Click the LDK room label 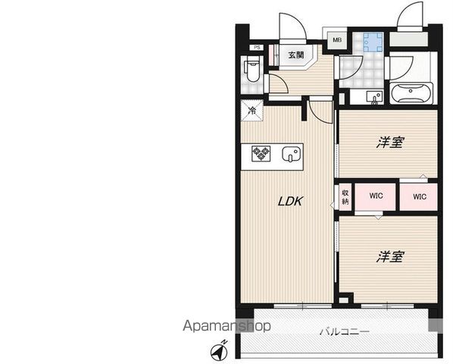[x=290, y=201]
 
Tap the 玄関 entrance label [x=296, y=55]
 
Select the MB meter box [x=337, y=40]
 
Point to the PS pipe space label [x=257, y=48]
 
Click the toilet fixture [x=252, y=69]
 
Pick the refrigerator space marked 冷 [x=252, y=110]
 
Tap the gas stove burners [x=261, y=153]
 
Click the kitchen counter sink [x=292, y=153]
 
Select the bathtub [x=411, y=93]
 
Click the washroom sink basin [x=374, y=97]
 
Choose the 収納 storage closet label [x=345, y=197]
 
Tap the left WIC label [x=376, y=196]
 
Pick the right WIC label [x=420, y=196]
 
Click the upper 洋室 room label [x=390, y=143]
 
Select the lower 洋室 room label [x=390, y=256]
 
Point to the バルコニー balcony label [x=345, y=331]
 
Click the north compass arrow [x=219, y=350]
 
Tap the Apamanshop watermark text [x=227, y=326]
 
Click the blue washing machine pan [x=373, y=42]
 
